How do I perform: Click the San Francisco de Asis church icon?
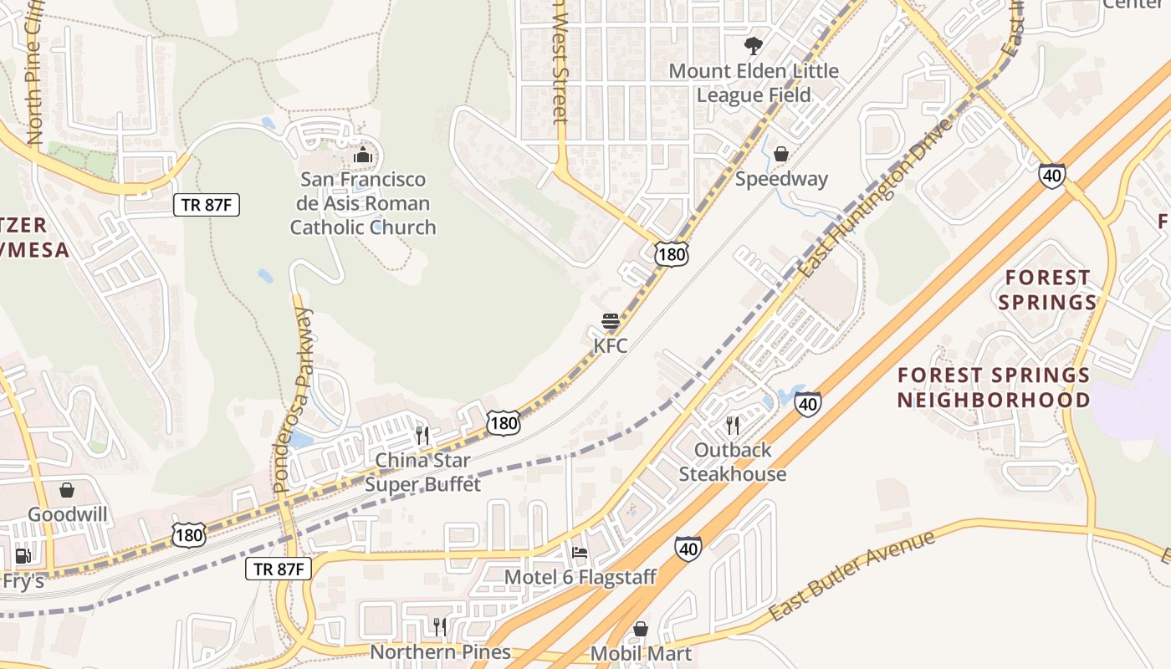[363, 155]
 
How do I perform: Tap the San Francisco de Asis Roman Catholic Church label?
[363, 203]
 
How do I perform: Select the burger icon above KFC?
[611, 321]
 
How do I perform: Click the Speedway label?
[781, 179]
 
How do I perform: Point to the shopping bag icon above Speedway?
[781, 154]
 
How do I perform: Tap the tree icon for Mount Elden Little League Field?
[754, 45]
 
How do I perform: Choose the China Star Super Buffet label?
[423, 472]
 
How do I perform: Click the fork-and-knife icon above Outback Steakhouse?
[733, 426]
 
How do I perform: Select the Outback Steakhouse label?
[733, 462]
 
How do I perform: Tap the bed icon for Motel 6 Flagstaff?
[580, 552]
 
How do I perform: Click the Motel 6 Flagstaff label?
[580, 576]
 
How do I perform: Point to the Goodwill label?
[68, 513]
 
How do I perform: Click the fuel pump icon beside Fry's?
[23, 556]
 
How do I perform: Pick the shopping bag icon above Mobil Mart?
[641, 629]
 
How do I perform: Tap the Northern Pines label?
[440, 652]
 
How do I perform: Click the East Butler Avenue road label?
[851, 575]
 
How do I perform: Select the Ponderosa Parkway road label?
[292, 401]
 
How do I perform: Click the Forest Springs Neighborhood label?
[994, 387]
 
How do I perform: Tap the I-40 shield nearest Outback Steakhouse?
[807, 405]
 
